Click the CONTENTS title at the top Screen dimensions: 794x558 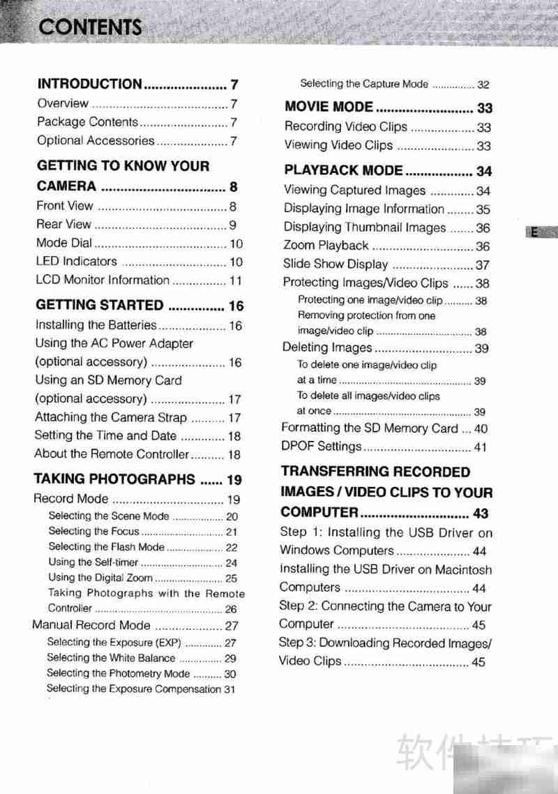pyautogui.click(x=90, y=27)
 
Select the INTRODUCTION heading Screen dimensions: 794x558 pyautogui.click(x=89, y=84)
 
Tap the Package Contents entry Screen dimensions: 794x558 pyautogui.click(x=87, y=122)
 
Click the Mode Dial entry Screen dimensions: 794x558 pyautogui.click(x=63, y=244)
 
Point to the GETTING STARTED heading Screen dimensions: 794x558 pyautogui.click(x=99, y=306)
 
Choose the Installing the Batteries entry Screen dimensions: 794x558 pyautogui.click(x=96, y=325)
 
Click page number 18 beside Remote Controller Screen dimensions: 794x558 pyautogui.click(x=234, y=455)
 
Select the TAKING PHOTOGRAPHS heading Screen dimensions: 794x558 pyautogui.click(x=114, y=479)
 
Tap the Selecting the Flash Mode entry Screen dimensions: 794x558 pyautogui.click(x=106, y=547)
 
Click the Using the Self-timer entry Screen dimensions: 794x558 pyautogui.click(x=93, y=562)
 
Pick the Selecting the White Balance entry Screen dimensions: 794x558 pyautogui.click(x=111, y=658)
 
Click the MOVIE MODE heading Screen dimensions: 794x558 pyautogui.click(x=329, y=107)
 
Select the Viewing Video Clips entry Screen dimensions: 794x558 pyautogui.click(x=338, y=146)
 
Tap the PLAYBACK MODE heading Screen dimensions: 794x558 pyautogui.click(x=343, y=171)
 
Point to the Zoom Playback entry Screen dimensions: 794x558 pyautogui.click(x=326, y=246)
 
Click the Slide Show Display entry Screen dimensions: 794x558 pyautogui.click(x=335, y=264)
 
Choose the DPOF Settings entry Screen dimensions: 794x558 pyautogui.click(x=322, y=447)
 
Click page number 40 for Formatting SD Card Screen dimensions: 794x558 pyautogui.click(x=481, y=430)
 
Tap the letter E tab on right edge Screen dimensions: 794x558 pyautogui.click(x=534, y=233)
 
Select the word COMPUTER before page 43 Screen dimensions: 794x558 pyautogui.click(x=319, y=513)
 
